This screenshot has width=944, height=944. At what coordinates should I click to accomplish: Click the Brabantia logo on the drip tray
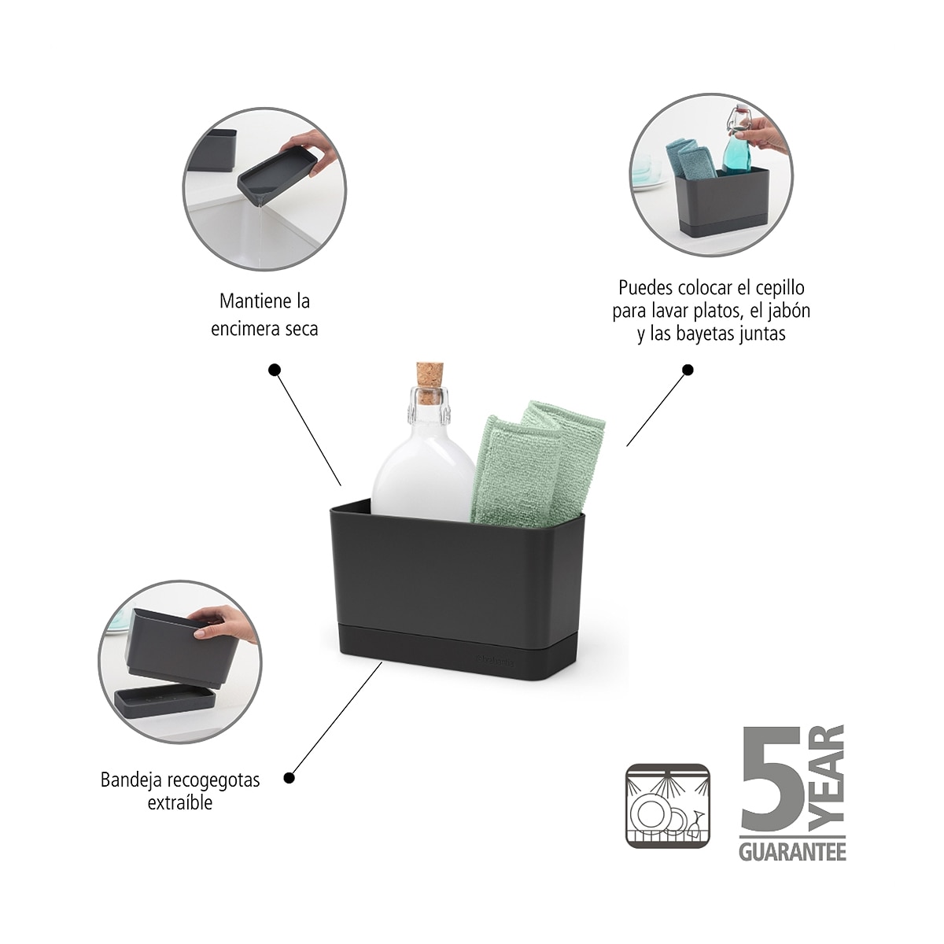click(x=494, y=662)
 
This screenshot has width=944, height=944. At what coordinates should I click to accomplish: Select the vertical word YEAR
click(x=827, y=780)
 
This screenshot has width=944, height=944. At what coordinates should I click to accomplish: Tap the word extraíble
click(x=180, y=803)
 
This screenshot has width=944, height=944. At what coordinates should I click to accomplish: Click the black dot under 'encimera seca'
click(x=275, y=370)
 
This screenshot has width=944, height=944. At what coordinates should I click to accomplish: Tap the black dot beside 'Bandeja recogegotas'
click(x=289, y=777)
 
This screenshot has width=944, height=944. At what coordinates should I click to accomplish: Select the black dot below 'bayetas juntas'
click(x=688, y=370)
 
